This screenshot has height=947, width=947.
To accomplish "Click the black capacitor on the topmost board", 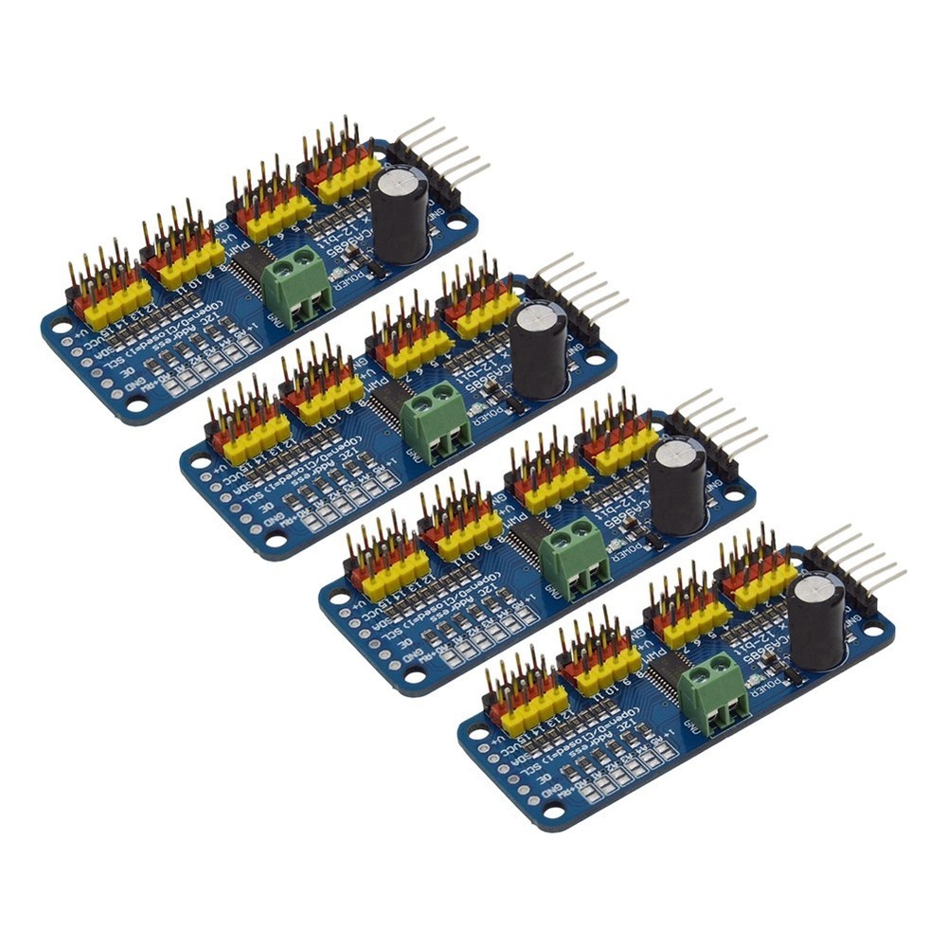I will coord(400,215).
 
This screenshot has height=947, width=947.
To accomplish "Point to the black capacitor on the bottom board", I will coord(815,620).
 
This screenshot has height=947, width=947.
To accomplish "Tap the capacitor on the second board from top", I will coord(539,349).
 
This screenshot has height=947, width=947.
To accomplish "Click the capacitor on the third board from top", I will coord(678,485).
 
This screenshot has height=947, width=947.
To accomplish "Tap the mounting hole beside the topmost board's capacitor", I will coord(458,225).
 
